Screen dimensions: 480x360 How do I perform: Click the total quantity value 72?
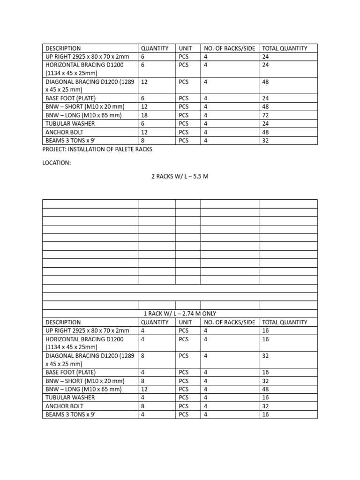pyautogui.click(x=265, y=115)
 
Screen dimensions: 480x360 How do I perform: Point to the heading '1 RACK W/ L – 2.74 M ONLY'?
pyautogui.click(x=180, y=314)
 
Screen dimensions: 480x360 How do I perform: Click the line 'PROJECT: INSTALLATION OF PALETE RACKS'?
pyautogui.click(x=97, y=149)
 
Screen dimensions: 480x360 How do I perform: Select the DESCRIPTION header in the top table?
pyautogui.click(x=63, y=48)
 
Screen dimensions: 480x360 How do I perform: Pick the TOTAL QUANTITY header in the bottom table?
pyautogui.click(x=285, y=322)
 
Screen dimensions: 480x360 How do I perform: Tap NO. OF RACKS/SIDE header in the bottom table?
pyautogui.click(x=229, y=322)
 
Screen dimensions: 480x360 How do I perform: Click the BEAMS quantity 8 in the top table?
pyautogui.click(x=142, y=140)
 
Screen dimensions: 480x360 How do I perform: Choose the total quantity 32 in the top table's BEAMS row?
pyautogui.click(x=265, y=140)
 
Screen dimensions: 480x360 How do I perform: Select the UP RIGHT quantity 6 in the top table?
pyautogui.click(x=142, y=57)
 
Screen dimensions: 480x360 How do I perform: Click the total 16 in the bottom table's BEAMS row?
pyautogui.click(x=265, y=414)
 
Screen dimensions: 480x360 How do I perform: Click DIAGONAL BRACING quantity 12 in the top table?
pyautogui.click(x=144, y=82)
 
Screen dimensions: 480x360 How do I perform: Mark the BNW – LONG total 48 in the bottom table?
pyautogui.click(x=265, y=389)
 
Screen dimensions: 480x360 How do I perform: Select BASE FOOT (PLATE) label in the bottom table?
pyautogui.click(x=70, y=372)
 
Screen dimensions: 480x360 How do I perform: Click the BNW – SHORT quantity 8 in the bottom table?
pyautogui.click(x=142, y=381)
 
